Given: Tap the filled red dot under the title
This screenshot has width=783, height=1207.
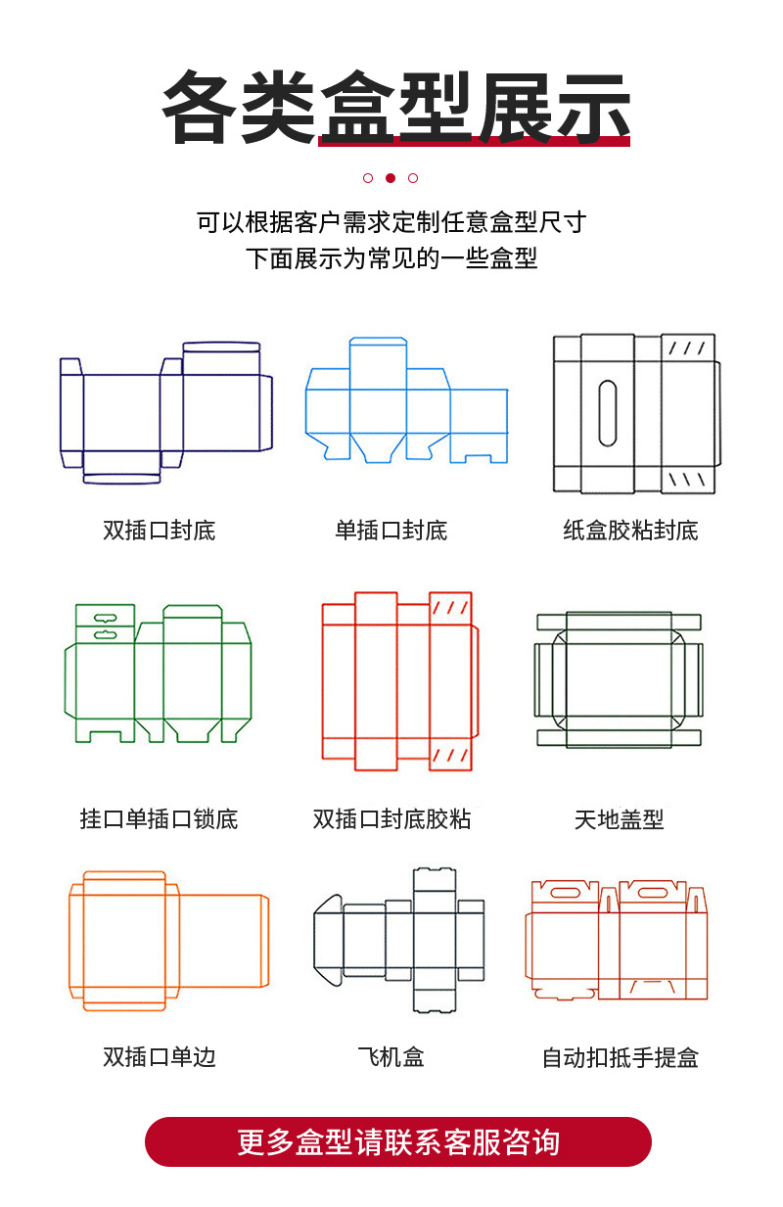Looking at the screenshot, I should click(x=391, y=178).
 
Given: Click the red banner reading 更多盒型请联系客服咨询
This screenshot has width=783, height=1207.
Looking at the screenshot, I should click(x=397, y=1141).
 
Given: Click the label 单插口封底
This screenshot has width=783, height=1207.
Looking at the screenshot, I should click(x=391, y=531).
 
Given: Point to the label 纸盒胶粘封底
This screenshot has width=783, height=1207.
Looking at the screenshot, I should click(x=630, y=531).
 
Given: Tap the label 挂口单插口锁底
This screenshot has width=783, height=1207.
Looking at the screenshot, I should click(x=159, y=818).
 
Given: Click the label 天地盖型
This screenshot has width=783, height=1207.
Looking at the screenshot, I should click(x=619, y=818).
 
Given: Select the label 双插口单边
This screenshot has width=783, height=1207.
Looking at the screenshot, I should click(x=159, y=1057).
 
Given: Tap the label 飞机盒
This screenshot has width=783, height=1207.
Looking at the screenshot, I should click(x=391, y=1057).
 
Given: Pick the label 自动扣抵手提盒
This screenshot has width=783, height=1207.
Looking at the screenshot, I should click(x=621, y=1057).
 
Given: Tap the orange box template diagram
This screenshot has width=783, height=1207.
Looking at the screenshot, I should click(x=168, y=940).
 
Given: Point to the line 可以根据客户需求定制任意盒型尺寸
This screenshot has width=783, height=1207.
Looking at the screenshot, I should click(x=391, y=222).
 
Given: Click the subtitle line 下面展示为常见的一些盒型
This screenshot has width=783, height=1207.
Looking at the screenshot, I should click(x=391, y=259).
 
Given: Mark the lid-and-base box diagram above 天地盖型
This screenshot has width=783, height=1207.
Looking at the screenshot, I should click(x=619, y=680).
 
